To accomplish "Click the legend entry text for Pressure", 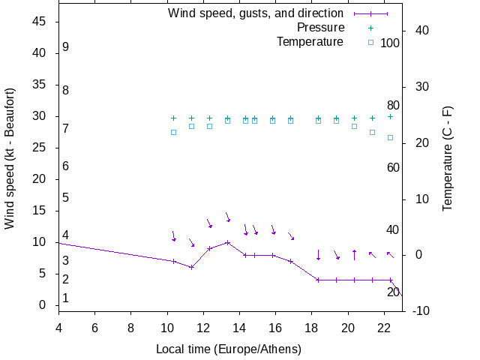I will pyautogui.click(x=320, y=28).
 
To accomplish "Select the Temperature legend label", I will pyautogui.click(x=310, y=42).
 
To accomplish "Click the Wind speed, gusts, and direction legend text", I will pyautogui.click(x=256, y=13).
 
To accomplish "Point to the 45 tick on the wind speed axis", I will pyautogui.click(x=40, y=22).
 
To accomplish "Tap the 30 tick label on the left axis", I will pyautogui.click(x=40, y=116).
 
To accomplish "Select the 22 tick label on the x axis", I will pyautogui.click(x=384, y=328).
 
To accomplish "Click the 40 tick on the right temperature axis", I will pyautogui.click(x=421, y=31).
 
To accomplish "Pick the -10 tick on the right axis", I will pyautogui.click(x=420, y=311).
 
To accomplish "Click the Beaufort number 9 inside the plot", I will pyautogui.click(x=66, y=47).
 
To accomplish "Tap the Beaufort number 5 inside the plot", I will pyautogui.click(x=66, y=198).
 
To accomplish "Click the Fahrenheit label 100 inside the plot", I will pyautogui.click(x=390, y=43).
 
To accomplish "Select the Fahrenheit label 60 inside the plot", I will pyautogui.click(x=393, y=167).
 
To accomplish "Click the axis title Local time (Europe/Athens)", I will pyautogui.click(x=229, y=349).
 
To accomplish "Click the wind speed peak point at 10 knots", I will pyautogui.click(x=227, y=242).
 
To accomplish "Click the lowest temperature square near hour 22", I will pyautogui.click(x=390, y=137).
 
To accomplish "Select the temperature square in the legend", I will pyautogui.click(x=370, y=43).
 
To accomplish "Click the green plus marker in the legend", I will pyautogui.click(x=370, y=28).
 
